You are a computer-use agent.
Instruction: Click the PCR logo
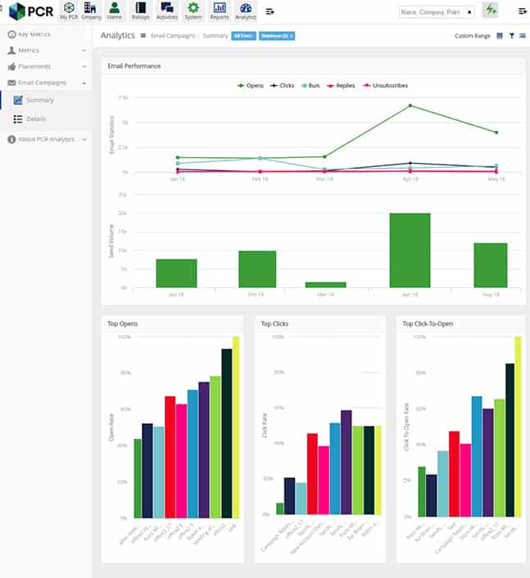[x=31, y=11]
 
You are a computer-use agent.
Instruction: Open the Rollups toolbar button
[x=141, y=11]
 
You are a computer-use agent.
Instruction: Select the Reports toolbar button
[x=220, y=11]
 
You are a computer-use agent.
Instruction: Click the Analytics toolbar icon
[x=245, y=11]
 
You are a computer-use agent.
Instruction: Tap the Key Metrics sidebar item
[x=33, y=34]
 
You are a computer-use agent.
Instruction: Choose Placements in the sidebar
[x=34, y=66]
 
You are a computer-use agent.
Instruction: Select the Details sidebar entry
[x=35, y=119]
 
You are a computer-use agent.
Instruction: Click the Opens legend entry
[x=251, y=85]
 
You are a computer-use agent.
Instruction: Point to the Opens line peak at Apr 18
[x=410, y=106]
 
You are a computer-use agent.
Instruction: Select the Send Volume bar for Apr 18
[x=410, y=250]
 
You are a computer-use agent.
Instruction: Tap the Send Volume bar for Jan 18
[x=176, y=273]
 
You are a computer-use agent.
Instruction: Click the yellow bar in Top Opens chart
[x=236, y=426]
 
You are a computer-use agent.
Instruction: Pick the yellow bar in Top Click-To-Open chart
[x=518, y=426]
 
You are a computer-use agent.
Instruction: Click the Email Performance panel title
[x=134, y=65]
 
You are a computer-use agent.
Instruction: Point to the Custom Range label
[x=472, y=36]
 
